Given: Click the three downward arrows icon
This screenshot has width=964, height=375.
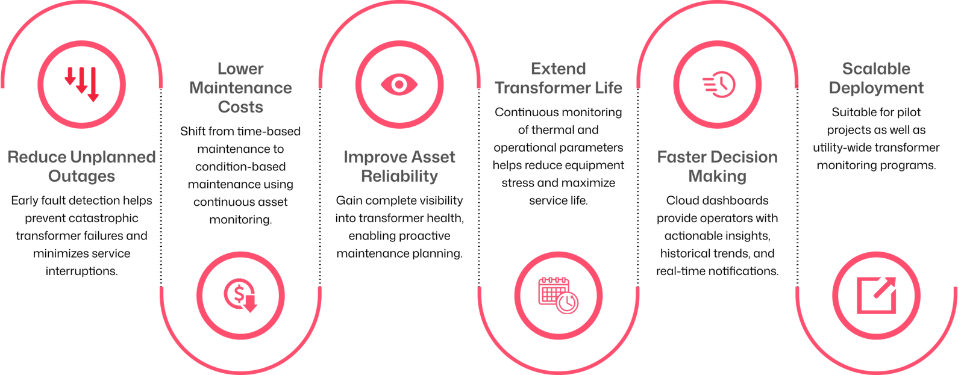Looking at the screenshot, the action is [x=82, y=84].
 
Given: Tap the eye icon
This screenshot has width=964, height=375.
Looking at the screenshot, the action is [x=399, y=84].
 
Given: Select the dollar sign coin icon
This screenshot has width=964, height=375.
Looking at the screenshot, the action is [x=240, y=296].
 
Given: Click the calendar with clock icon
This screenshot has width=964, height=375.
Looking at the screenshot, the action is [x=558, y=296].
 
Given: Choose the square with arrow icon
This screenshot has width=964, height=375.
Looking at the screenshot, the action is [x=877, y=296].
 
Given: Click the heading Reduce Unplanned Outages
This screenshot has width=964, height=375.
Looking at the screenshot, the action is [x=82, y=166].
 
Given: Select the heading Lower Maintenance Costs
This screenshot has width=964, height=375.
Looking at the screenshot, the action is [x=240, y=88].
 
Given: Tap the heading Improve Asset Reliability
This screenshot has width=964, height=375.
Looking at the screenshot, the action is [x=399, y=166].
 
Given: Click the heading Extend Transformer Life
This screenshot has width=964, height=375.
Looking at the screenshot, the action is [x=559, y=78].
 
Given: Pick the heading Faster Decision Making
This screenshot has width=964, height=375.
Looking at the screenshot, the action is [x=718, y=166].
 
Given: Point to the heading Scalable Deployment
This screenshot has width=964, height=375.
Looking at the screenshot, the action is [x=876, y=78].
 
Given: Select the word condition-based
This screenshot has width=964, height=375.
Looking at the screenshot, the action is [x=240, y=166].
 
